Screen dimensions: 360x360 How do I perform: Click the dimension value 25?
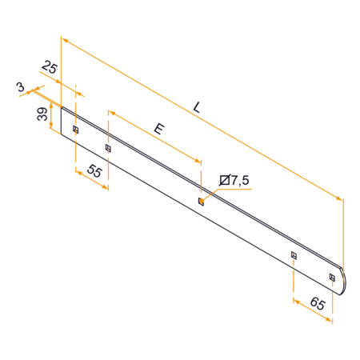50,69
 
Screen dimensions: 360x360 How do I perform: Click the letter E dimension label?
159,128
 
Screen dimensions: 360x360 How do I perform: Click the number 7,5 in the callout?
239,181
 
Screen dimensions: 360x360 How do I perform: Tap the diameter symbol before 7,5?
224,181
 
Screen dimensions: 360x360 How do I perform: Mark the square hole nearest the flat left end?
75,129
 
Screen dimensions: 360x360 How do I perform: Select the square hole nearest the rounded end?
332,278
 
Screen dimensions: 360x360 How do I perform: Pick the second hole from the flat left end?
108,148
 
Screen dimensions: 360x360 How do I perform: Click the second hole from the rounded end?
294,255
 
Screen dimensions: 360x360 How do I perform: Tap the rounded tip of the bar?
346,281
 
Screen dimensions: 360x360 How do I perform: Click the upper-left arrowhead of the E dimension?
110,114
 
